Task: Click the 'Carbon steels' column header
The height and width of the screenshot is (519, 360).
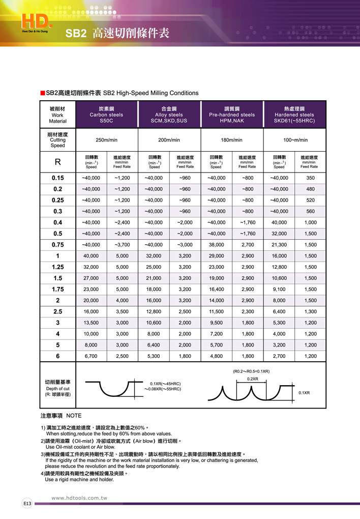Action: click(106, 115)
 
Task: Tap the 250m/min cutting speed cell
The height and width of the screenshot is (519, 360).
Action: click(106, 140)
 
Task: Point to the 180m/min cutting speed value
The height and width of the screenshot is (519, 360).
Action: click(232, 140)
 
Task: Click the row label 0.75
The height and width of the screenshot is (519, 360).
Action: click(57, 244)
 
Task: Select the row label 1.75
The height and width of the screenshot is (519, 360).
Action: click(57, 289)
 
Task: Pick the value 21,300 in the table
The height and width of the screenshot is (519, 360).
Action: click(279, 244)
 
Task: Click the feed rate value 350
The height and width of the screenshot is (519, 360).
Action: click(310, 178)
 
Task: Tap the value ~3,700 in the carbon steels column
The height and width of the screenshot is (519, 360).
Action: click(122, 244)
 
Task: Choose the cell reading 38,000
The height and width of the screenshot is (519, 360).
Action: click(216, 244)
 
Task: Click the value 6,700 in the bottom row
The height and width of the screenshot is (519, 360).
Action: click(91, 356)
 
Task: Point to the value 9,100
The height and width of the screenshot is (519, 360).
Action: click(279, 289)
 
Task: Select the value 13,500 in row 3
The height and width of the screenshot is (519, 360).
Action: click(91, 322)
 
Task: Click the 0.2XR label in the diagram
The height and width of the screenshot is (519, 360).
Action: click(253, 379)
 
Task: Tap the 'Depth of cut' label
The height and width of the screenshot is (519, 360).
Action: click(57, 389)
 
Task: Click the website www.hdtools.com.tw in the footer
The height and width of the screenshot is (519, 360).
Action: click(79, 498)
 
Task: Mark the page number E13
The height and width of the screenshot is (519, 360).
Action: click(27, 503)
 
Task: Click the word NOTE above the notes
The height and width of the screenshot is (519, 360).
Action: click(74, 416)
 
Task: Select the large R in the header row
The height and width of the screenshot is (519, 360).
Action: click(57, 163)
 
